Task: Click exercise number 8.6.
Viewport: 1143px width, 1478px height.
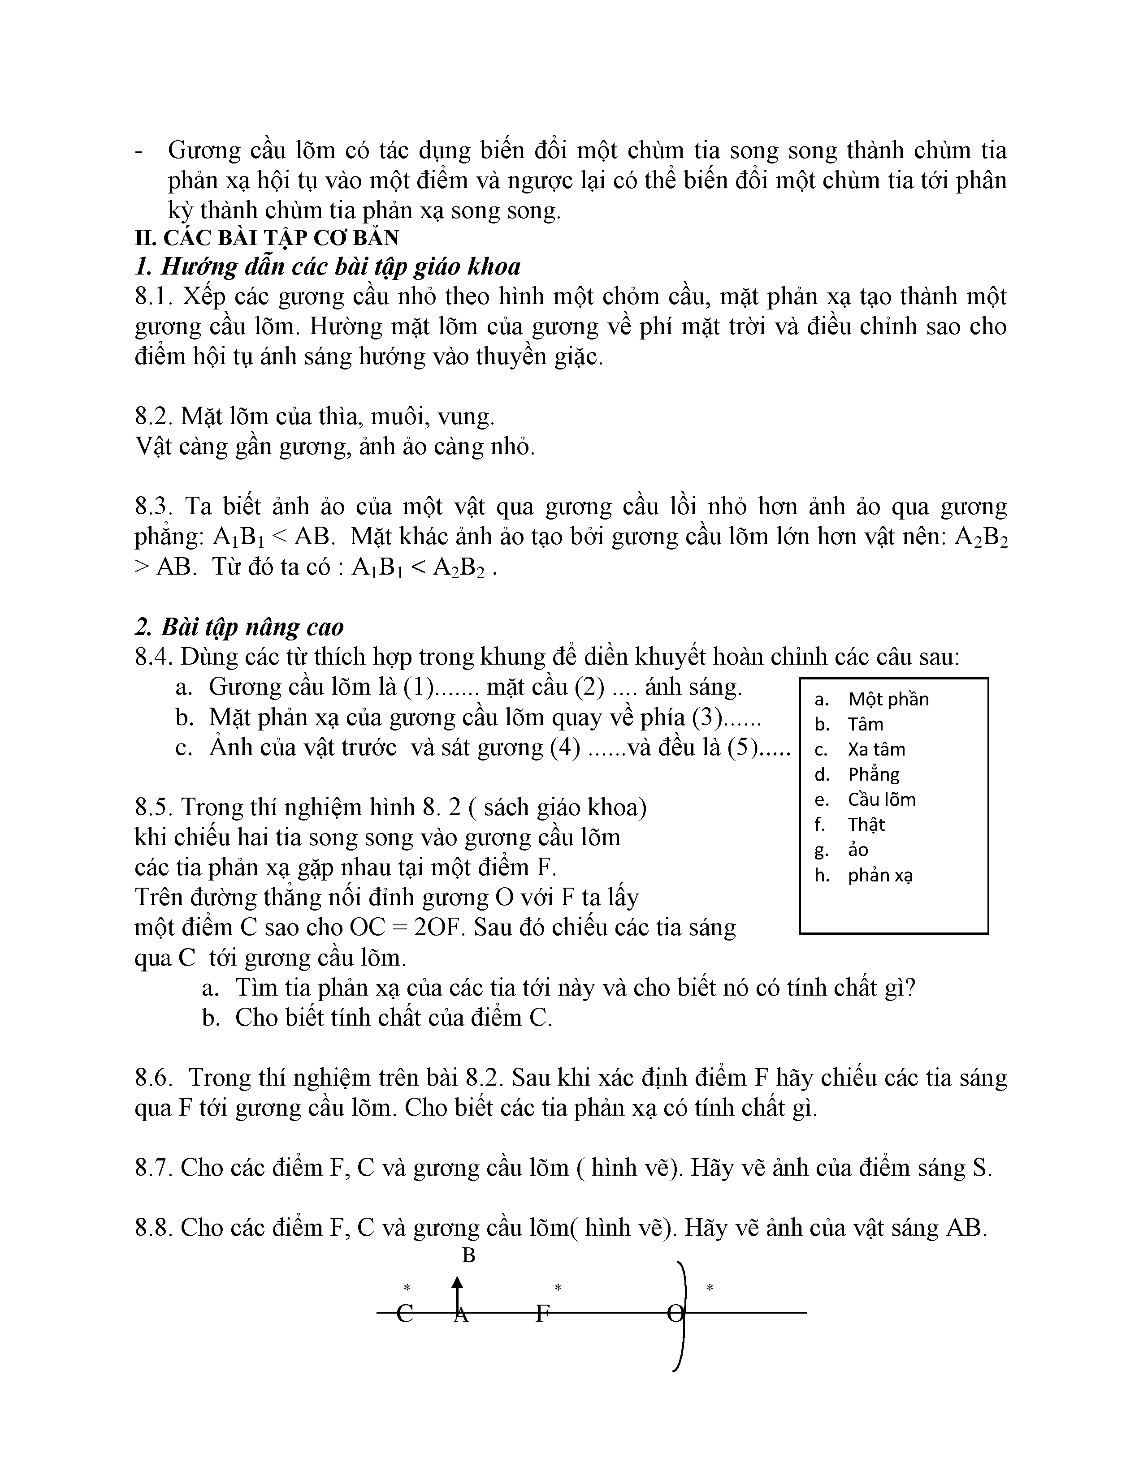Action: coord(155,1077)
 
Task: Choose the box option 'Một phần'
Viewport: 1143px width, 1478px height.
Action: coord(888,699)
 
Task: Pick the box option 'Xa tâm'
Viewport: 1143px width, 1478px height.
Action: coord(875,749)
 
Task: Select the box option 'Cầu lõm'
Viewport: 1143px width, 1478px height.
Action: coord(881,799)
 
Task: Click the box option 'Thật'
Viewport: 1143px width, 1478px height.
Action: coord(866,824)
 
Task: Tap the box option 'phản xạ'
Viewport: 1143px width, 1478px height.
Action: coord(879,875)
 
